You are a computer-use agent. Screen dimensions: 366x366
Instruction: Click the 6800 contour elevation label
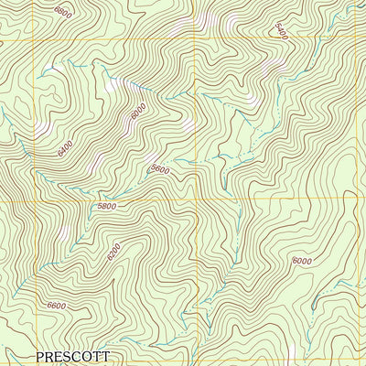62,12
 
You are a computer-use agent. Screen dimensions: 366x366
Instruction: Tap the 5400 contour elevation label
281,31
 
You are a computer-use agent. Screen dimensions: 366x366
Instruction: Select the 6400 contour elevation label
65,145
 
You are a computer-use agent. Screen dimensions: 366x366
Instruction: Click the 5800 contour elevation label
106,207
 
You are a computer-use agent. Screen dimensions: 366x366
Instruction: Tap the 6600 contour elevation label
57,306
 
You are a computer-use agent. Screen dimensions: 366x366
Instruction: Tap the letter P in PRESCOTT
41,356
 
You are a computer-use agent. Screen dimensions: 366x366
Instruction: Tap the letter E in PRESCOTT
60,356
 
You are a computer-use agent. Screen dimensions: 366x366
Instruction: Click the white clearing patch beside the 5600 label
188,124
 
